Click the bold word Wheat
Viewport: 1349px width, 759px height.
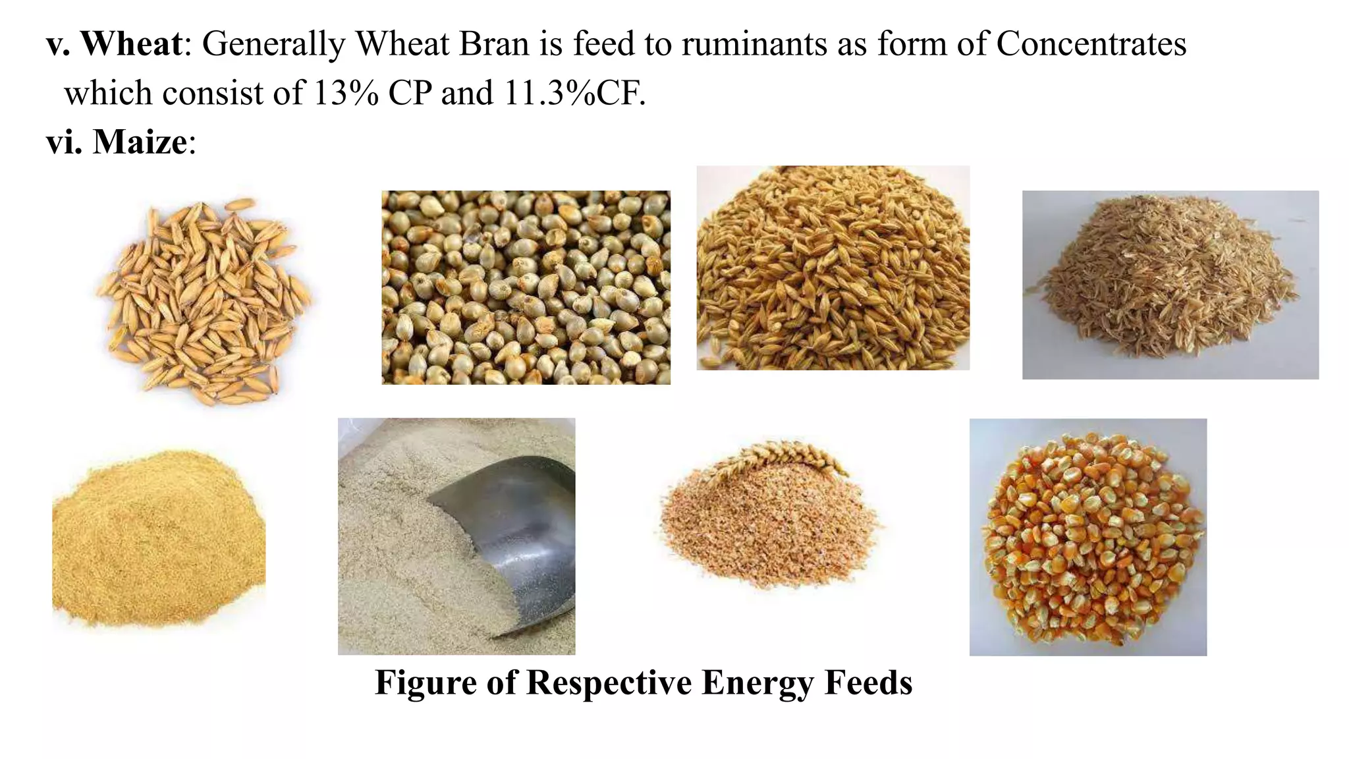coord(131,44)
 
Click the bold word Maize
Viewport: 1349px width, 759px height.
coord(140,142)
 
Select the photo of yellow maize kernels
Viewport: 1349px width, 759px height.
coord(1088,537)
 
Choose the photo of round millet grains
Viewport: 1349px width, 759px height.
coord(526,287)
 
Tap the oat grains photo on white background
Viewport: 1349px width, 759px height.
coord(204,300)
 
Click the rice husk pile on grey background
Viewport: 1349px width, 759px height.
coord(1170,285)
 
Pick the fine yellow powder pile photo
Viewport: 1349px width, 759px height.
coord(158,537)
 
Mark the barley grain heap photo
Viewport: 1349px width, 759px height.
coord(833,267)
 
